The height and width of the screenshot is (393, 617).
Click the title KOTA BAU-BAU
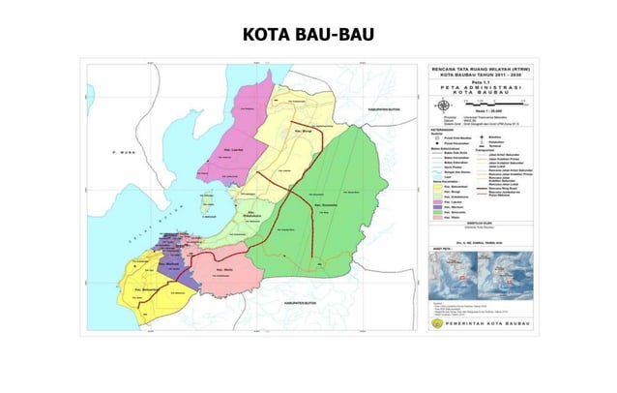click(x=308, y=36)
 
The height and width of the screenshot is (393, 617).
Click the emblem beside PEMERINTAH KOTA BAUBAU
click(x=437, y=325)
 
